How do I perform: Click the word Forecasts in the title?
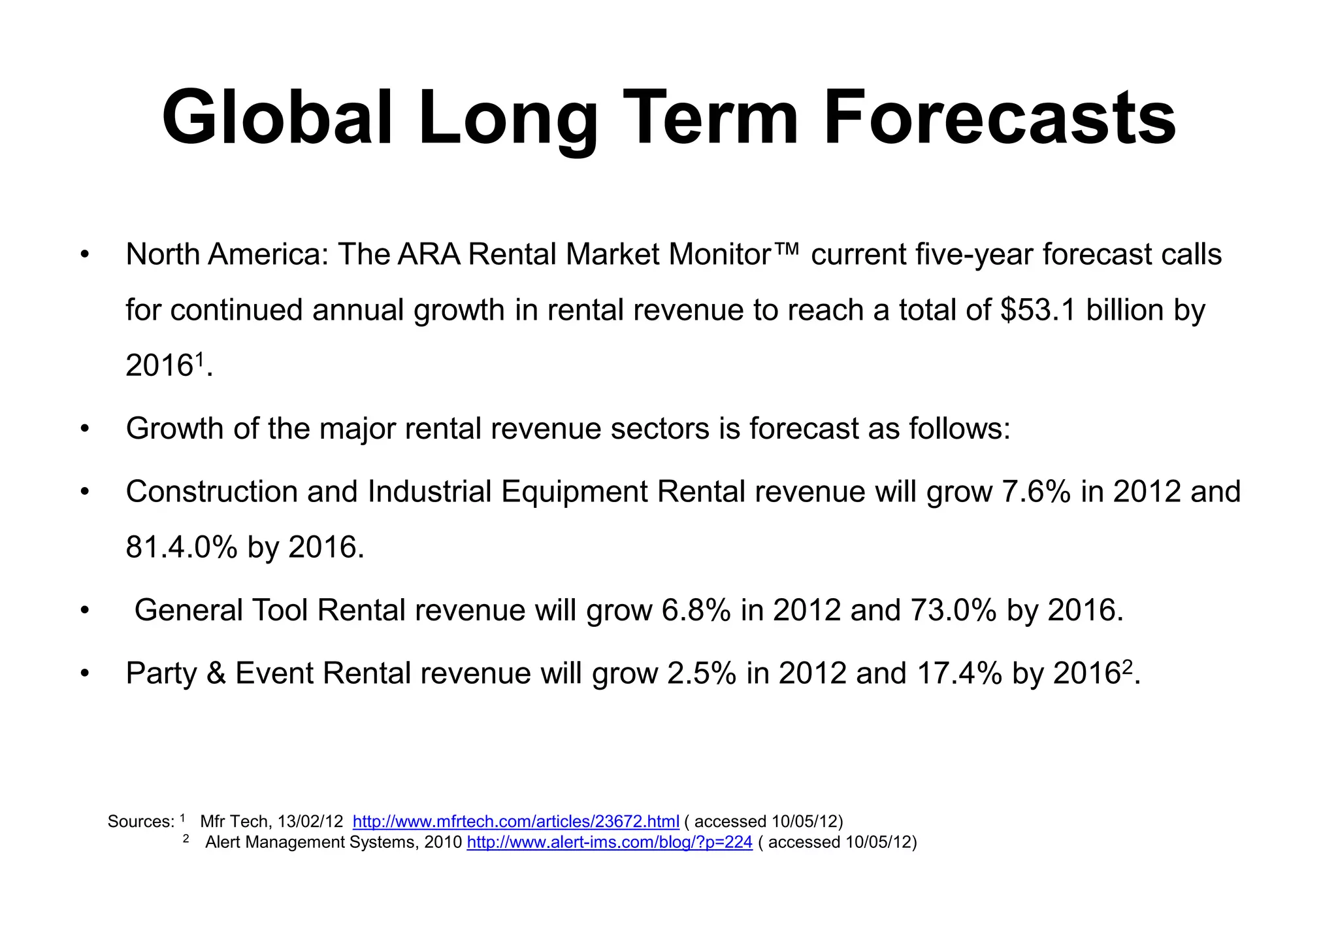click(999, 118)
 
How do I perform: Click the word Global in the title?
click(277, 118)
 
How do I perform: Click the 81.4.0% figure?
click(182, 547)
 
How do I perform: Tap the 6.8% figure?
click(696, 611)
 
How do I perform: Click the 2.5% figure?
click(702, 673)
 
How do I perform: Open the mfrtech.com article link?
click(515, 822)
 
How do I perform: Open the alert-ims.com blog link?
click(610, 843)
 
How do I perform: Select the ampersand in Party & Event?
click(216, 673)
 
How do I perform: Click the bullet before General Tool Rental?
click(84, 611)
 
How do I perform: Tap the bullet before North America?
click(84, 255)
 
